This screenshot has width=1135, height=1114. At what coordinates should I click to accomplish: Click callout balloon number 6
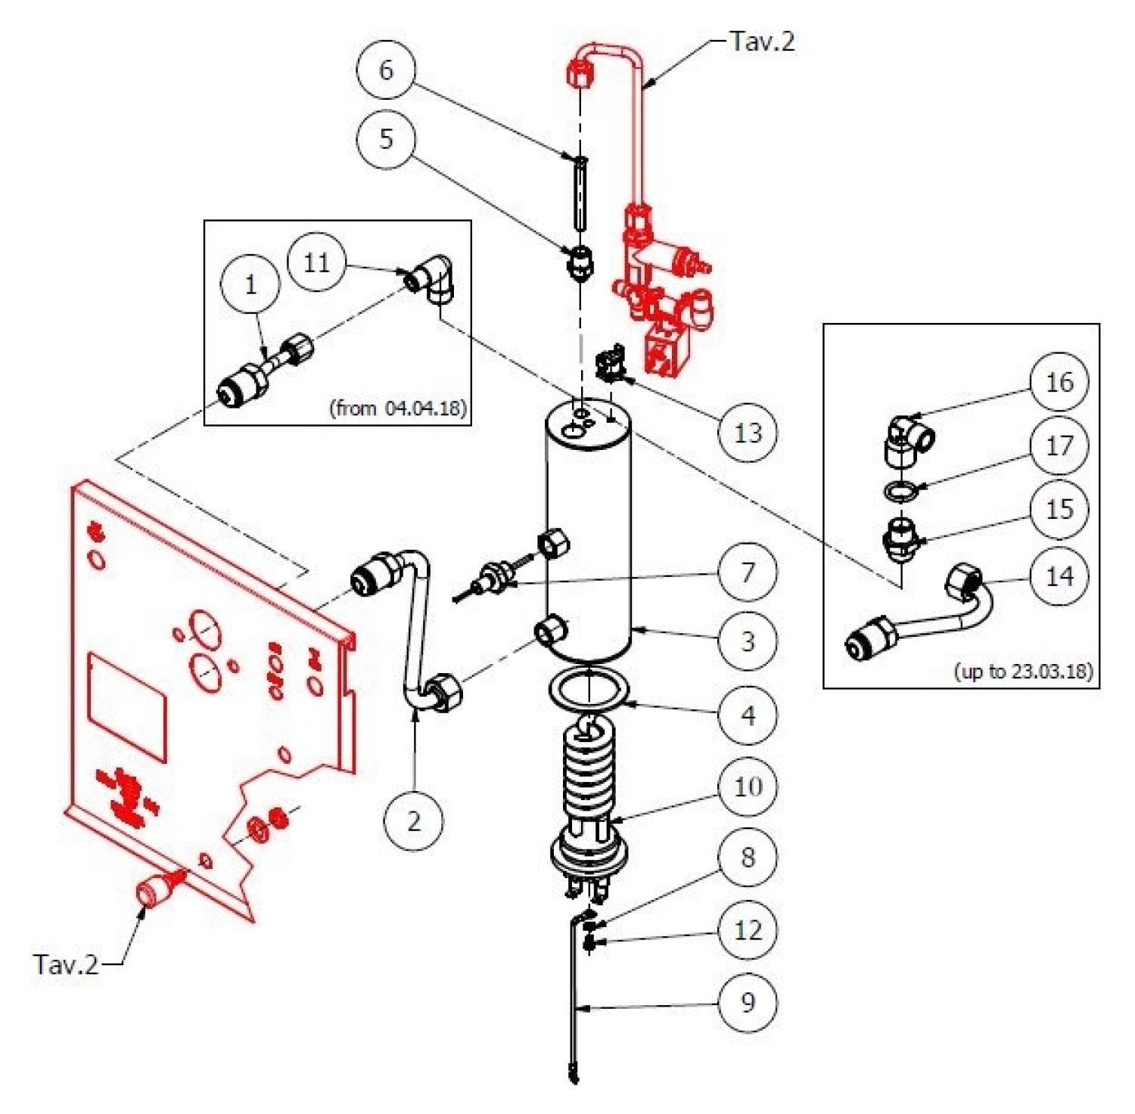(x=386, y=70)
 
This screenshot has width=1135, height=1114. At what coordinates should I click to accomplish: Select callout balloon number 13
(x=748, y=433)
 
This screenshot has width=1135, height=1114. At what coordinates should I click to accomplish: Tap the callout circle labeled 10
(x=748, y=787)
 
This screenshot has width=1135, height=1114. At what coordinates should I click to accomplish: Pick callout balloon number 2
(x=414, y=821)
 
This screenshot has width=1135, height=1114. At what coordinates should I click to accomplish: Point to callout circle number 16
(x=1059, y=381)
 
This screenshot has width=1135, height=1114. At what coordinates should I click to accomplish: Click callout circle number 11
(x=316, y=262)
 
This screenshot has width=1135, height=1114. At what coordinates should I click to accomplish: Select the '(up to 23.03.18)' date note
(x=1024, y=671)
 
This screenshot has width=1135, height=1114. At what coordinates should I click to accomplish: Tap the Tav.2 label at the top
(x=763, y=41)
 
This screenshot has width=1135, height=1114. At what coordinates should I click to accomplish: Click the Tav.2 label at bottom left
(x=66, y=964)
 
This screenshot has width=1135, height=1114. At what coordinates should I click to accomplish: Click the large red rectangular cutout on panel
(x=126, y=705)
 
